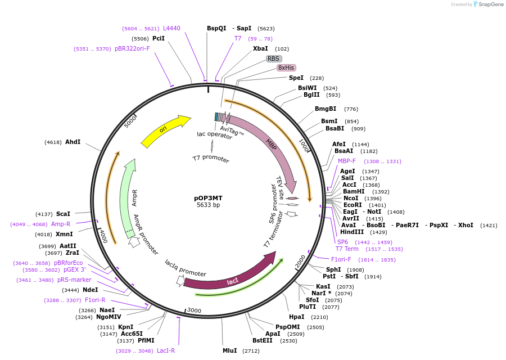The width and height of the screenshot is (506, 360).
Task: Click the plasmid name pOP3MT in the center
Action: [x=208, y=198]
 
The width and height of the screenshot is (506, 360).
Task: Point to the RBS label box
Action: [x=273, y=58]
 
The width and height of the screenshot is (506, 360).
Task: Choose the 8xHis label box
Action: [x=286, y=68]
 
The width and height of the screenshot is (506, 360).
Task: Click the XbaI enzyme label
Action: [x=260, y=49]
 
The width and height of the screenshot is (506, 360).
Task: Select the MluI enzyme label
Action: [x=229, y=351]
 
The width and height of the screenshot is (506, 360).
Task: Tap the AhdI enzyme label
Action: [x=73, y=142]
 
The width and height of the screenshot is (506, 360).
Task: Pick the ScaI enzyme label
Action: [x=63, y=214]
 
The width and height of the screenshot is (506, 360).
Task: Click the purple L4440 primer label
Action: [x=171, y=28]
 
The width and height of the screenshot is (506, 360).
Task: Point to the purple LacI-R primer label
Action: [x=166, y=351]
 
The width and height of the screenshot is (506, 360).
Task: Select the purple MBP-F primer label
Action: [x=347, y=161]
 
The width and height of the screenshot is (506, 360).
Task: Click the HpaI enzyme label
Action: [x=296, y=317]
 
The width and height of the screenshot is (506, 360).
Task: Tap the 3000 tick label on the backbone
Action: [x=194, y=310]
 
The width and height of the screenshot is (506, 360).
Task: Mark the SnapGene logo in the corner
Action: [x=486, y=4]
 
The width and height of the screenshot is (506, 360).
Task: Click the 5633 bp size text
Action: [x=208, y=205]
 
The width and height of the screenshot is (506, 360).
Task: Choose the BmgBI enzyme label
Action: [x=326, y=109]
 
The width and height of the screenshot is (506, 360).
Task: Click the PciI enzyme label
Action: [x=159, y=39]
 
